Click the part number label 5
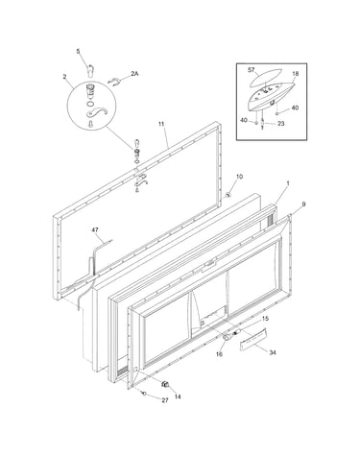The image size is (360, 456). pos(78,51)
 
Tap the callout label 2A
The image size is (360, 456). pos(134,74)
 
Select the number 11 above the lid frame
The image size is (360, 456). pos(161,123)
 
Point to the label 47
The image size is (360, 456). pos(95,229)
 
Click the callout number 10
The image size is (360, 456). pos(239,177)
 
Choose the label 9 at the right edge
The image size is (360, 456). pos(303,204)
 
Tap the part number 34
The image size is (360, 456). pos(273,352)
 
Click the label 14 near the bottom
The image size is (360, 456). pos(178,396)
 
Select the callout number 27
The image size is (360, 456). pos(165,400)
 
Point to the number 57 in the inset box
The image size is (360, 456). pos(252,69)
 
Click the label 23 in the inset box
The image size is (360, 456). pos(280,124)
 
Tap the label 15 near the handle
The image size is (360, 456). pos(265,319)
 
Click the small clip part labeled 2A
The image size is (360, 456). pos(114,82)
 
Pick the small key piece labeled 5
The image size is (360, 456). pos(90,70)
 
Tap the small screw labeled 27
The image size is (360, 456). pos(145,393)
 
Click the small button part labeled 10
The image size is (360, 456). pos(228,195)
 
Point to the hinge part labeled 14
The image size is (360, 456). pos(165,384)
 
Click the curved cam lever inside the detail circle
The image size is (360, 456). pos(96,112)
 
